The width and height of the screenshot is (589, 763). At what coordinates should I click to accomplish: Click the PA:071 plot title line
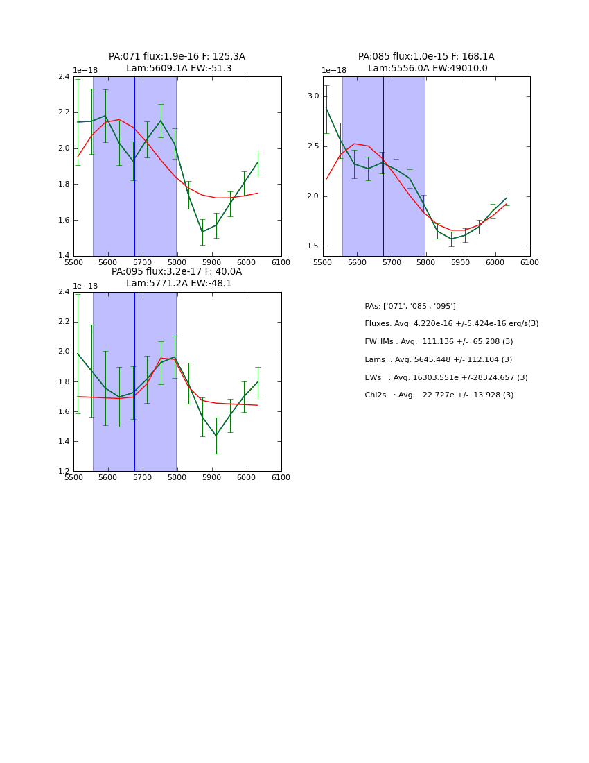[177, 57]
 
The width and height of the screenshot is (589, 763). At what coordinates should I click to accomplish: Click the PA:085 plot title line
[426, 57]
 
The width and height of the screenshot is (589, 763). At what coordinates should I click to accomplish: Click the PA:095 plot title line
[177, 272]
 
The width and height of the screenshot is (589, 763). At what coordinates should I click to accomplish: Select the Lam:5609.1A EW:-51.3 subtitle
[179, 69]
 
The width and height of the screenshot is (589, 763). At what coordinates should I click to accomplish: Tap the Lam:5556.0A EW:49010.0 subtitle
[428, 69]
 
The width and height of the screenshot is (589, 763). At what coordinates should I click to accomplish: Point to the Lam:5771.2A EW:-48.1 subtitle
[179, 284]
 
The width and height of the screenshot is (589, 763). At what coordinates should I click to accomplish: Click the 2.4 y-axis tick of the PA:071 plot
[64, 76]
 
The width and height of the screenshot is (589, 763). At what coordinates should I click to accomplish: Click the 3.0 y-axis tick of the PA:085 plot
[313, 96]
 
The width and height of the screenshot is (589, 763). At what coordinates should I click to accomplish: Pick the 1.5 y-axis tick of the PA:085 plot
[313, 246]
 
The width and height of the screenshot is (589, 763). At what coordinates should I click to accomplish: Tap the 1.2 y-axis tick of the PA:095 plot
[64, 472]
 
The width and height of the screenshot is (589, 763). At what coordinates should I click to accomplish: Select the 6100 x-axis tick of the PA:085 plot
[530, 262]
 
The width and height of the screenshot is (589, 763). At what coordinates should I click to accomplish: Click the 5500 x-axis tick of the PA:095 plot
[73, 477]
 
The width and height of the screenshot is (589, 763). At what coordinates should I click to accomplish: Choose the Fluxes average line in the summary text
[451, 324]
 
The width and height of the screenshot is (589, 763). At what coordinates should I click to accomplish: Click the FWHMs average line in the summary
[439, 342]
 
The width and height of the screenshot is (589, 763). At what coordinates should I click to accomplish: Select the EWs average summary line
[446, 378]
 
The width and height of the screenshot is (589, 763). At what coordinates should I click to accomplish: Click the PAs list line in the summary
[410, 307]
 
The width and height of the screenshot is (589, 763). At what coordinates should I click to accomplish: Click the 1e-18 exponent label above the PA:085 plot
[334, 71]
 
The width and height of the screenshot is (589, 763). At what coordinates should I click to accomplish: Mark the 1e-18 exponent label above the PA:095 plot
[85, 286]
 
